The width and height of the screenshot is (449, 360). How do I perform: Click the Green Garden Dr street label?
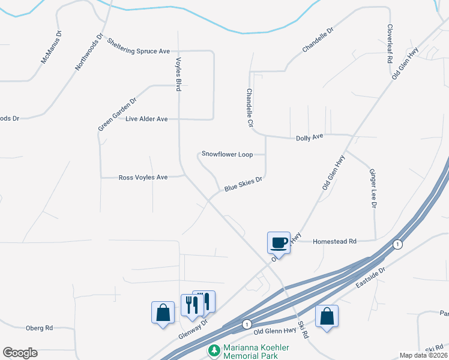118,114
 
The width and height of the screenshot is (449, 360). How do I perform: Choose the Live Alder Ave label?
146,119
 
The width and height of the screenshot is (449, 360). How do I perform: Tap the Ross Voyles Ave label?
143,177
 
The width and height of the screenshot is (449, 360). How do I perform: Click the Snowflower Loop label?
227,154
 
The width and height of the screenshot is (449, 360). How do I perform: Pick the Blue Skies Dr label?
244,184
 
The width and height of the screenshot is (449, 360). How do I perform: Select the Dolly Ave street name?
310,137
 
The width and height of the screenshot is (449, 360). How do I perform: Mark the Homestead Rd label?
335,241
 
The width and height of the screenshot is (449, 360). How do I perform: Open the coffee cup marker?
279,242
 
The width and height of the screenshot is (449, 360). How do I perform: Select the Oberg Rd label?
40,328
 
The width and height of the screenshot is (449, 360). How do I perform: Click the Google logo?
20,353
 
